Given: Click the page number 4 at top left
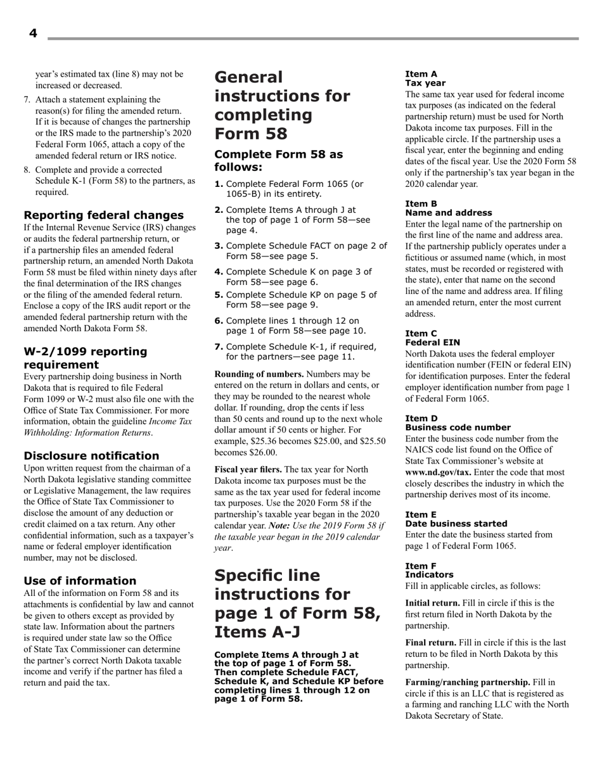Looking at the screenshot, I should (x=33, y=34).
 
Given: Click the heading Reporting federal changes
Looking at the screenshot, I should (x=103, y=215).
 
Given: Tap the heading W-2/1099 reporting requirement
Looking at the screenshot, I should (x=85, y=358).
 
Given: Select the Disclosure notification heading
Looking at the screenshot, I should (x=91, y=455).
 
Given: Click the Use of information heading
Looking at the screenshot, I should (x=80, y=580).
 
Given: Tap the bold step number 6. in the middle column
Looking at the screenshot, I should (x=219, y=320).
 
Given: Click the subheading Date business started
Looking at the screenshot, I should (x=456, y=523).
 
